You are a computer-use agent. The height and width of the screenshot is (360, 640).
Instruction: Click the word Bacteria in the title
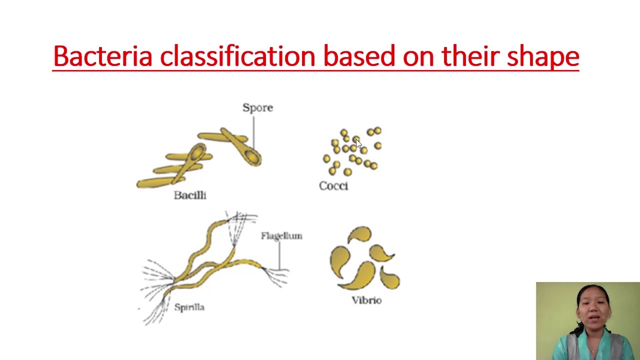pyautogui.click(x=102, y=56)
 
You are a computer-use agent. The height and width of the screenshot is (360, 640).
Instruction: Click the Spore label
pyautogui.click(x=257, y=107)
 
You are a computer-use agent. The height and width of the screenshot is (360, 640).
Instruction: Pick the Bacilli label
pyautogui.click(x=190, y=195)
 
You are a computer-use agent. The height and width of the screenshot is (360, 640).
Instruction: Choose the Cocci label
pyautogui.click(x=333, y=186)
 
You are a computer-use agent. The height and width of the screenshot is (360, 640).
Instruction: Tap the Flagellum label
pyautogui.click(x=281, y=236)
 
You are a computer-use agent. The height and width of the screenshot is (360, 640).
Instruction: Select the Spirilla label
pyautogui.click(x=189, y=307)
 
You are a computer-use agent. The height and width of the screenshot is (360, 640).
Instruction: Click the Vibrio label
pyautogui.click(x=366, y=300)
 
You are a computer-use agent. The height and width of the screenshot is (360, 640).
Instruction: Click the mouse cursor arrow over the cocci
pyautogui.click(x=358, y=144)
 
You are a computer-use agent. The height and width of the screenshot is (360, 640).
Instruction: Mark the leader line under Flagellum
pyautogui.click(x=279, y=255)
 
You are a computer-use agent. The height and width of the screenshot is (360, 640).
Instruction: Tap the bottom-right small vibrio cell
pyautogui.click(x=390, y=277)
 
